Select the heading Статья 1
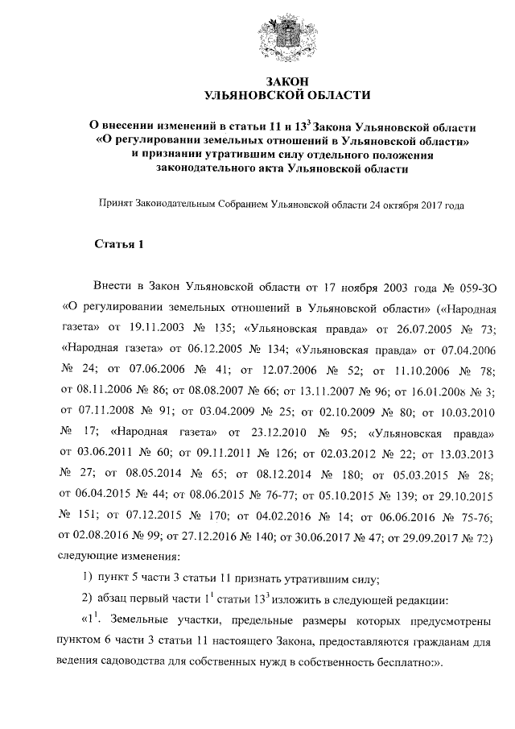click(x=118, y=245)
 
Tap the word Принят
click(x=115, y=205)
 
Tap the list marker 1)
click(x=89, y=578)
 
